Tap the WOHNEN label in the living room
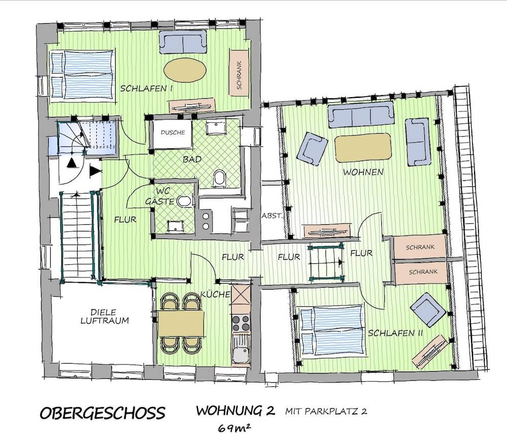(363, 172)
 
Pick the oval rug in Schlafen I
(185, 70)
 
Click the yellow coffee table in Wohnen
(363, 147)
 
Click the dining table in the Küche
(181, 323)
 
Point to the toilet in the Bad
(220, 178)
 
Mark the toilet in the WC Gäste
(185, 202)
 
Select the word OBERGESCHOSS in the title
(102, 412)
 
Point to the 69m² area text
(236, 428)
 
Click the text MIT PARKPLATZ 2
(325, 411)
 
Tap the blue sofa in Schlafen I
(183, 42)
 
